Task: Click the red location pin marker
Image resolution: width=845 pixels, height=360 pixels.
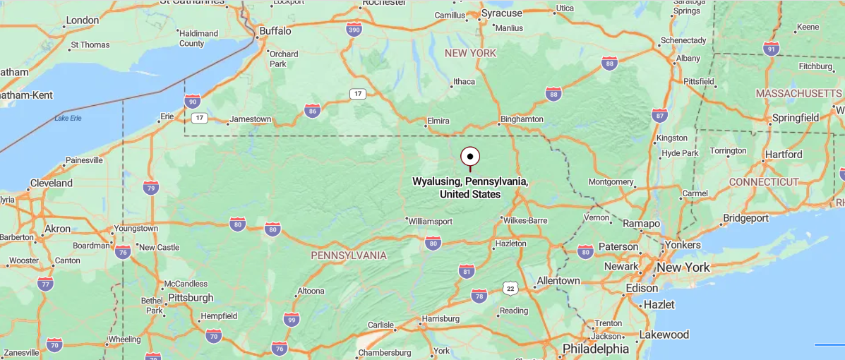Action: (x=470, y=157)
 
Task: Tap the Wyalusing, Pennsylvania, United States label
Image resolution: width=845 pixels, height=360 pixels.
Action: (x=470, y=188)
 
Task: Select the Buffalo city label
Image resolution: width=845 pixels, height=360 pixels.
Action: (x=275, y=31)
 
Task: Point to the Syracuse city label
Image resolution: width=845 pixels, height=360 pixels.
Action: (x=501, y=13)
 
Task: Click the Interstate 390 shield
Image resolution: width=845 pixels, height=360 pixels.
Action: (x=354, y=29)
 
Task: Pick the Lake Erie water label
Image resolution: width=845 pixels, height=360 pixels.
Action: (x=68, y=118)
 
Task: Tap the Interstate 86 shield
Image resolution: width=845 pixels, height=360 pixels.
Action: (x=312, y=110)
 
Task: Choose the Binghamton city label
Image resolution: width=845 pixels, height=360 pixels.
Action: (x=522, y=119)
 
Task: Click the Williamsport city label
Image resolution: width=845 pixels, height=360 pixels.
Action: (x=430, y=221)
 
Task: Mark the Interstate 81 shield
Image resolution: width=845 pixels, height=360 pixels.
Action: (x=467, y=271)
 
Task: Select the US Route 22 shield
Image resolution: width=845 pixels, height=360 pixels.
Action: (x=510, y=288)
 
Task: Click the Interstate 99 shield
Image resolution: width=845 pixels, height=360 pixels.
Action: (x=291, y=320)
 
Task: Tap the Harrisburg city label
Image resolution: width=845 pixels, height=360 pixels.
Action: (x=440, y=319)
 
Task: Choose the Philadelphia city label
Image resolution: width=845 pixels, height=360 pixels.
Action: (x=595, y=349)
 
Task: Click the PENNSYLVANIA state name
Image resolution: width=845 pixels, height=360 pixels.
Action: (x=349, y=255)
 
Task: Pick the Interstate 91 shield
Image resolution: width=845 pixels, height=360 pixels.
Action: (x=771, y=48)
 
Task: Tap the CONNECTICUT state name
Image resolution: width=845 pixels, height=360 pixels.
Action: (x=763, y=182)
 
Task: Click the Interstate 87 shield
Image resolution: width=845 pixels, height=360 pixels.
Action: (x=659, y=115)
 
